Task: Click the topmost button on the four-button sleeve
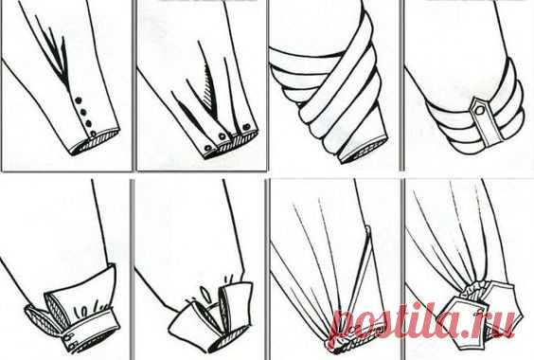point(78,100)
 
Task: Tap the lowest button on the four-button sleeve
point(93,134)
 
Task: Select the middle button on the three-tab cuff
point(222,136)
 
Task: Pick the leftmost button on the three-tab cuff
point(207,148)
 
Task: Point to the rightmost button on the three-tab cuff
point(246,128)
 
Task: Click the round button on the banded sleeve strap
point(479,111)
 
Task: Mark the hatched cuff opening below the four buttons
point(96,142)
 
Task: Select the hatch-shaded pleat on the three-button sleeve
point(210,92)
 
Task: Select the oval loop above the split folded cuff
point(205,293)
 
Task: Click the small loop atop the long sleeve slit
point(367,228)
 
